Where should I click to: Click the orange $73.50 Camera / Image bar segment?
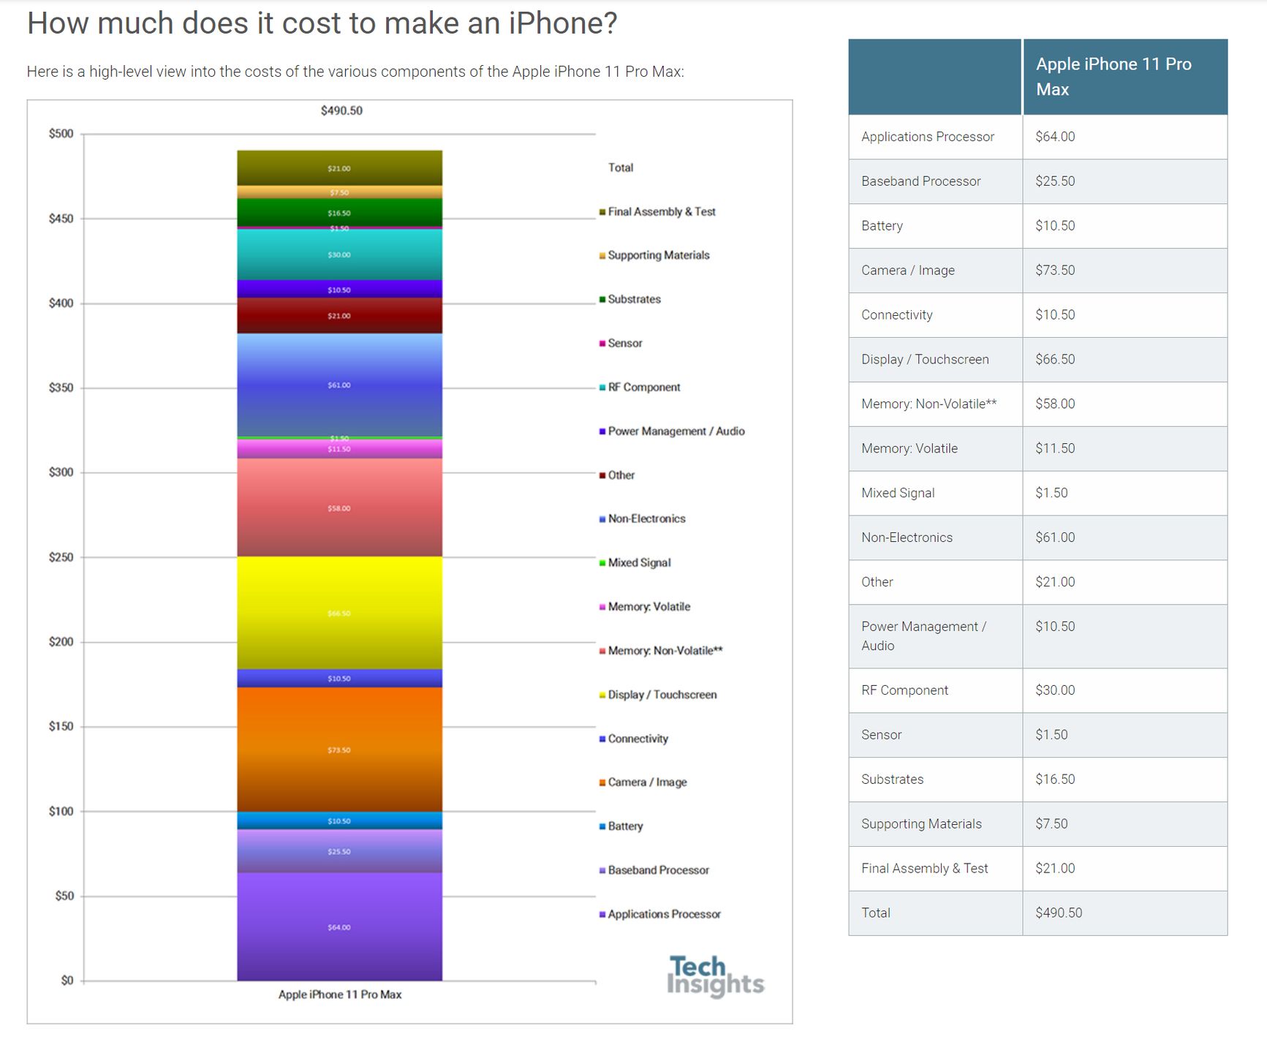pyautogui.click(x=339, y=750)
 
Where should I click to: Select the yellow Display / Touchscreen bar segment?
pyautogui.click(x=339, y=613)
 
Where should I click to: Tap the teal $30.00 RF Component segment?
pyautogui.click(x=339, y=254)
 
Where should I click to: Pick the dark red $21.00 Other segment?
pyautogui.click(x=339, y=316)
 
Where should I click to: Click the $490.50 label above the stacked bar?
pyautogui.click(x=341, y=110)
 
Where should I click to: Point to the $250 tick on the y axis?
pyautogui.click(x=61, y=557)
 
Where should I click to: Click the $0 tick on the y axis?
pyautogui.click(x=67, y=981)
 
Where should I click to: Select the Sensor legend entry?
pyautogui.click(x=624, y=343)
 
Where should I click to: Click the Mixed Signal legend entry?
pyautogui.click(x=639, y=562)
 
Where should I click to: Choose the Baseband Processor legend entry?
pyautogui.click(x=658, y=870)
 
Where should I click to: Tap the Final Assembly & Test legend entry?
pyautogui.click(x=661, y=211)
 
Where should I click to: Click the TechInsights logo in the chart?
pyautogui.click(x=714, y=976)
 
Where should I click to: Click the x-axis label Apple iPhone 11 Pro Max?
pyautogui.click(x=340, y=994)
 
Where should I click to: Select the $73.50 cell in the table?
pyautogui.click(x=1055, y=270)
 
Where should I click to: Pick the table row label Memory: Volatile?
pyautogui.click(x=909, y=448)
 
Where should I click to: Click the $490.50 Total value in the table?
pyautogui.click(x=1059, y=913)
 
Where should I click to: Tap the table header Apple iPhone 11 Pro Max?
pyautogui.click(x=1113, y=77)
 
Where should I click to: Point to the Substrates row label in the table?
pyautogui.click(x=892, y=779)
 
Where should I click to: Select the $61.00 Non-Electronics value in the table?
pyautogui.click(x=1055, y=537)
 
